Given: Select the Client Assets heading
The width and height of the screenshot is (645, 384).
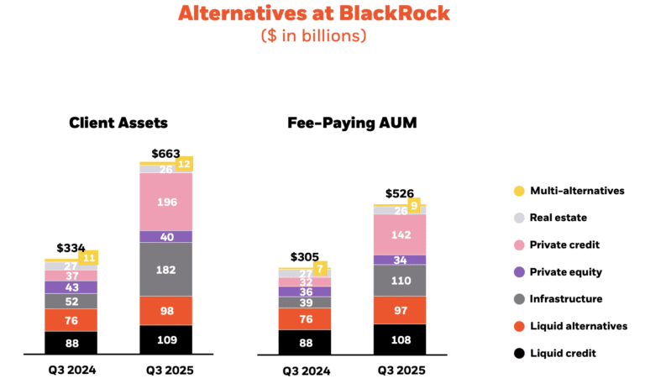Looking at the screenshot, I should [x=118, y=123].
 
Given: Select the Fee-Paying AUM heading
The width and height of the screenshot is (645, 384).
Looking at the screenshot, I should [x=352, y=123].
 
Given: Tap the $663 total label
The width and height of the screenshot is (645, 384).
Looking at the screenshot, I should [x=165, y=154].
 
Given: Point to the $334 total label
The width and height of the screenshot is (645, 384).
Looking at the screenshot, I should [x=71, y=248].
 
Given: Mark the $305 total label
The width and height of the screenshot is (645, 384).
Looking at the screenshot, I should [x=304, y=257].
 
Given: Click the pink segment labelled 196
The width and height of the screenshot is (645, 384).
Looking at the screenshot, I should [x=165, y=202].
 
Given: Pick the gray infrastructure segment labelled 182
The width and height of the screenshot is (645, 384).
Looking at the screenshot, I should [x=165, y=269].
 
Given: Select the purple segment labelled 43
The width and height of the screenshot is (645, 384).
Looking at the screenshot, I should [x=71, y=287].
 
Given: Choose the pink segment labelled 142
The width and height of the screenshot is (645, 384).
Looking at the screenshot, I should [x=400, y=234].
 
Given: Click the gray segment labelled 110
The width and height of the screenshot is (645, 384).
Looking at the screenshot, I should [x=400, y=280].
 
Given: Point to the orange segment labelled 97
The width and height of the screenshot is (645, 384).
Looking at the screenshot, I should [x=400, y=310].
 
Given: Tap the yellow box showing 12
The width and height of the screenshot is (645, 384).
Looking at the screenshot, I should [x=185, y=163].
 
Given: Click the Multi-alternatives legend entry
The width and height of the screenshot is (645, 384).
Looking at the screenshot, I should [x=576, y=191].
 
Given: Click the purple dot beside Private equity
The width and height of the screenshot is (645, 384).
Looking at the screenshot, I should [x=518, y=272].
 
